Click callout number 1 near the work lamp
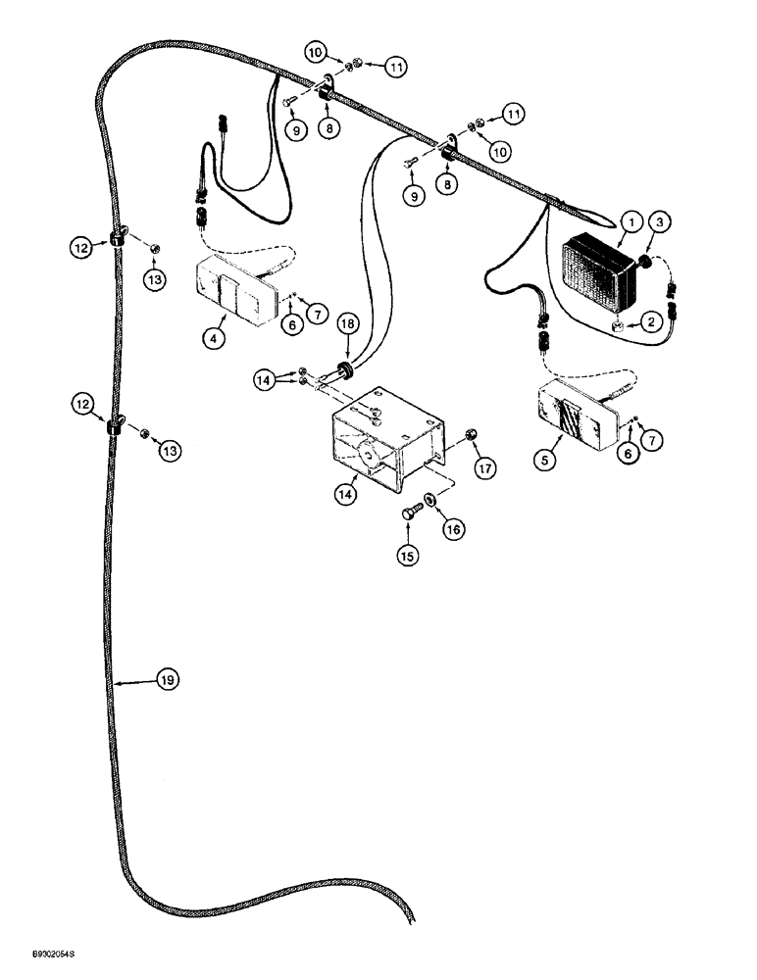coord(629,224)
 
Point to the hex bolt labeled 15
coord(410,511)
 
